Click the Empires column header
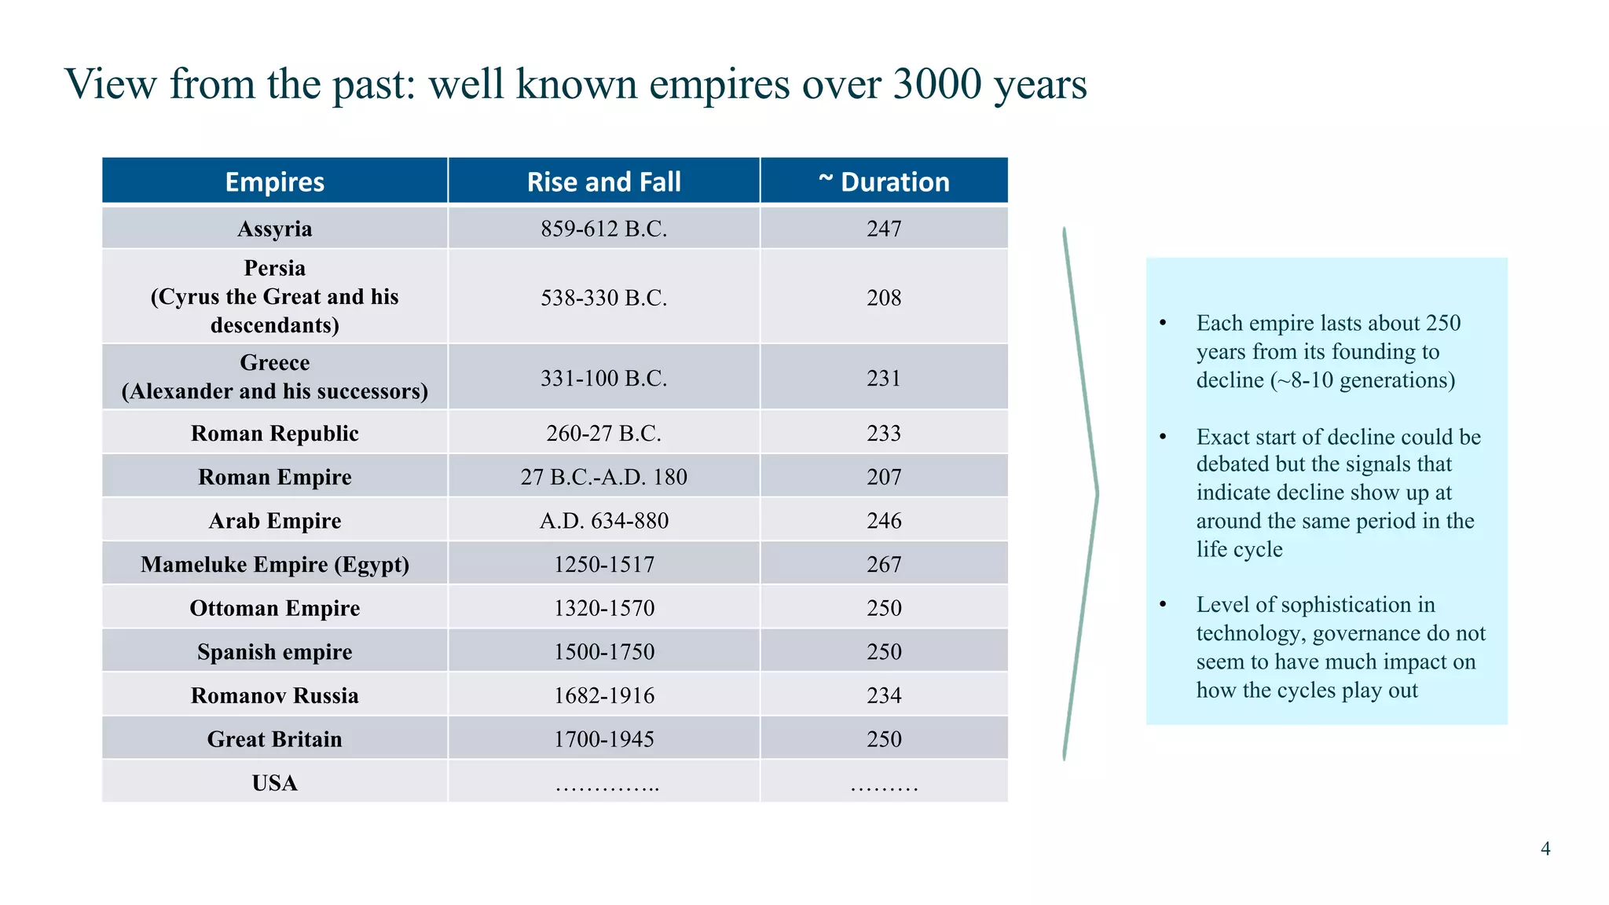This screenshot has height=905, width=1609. tap(274, 181)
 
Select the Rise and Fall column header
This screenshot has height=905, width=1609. tap(603, 181)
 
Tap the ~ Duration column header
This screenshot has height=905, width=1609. tap(884, 181)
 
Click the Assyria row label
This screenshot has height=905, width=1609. tap(274, 229)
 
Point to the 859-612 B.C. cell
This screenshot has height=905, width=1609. tap(603, 229)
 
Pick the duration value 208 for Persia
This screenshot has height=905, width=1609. tap(884, 298)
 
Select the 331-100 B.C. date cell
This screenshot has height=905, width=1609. tap(603, 378)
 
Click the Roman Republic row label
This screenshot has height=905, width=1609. tap(274, 433)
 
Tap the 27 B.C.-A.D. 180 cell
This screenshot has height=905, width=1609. tap(603, 477)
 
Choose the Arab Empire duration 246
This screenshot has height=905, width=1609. tap(884, 520)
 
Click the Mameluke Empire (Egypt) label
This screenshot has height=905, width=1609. tap(274, 564)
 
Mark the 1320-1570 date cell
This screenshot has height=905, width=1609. tap(603, 608)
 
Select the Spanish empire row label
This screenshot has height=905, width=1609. tap(274, 652)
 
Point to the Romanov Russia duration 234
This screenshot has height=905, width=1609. tap(884, 695)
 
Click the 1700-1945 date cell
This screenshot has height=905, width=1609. tap(603, 739)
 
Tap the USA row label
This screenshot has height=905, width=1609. tap(274, 783)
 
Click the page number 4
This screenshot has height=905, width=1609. tap(1545, 848)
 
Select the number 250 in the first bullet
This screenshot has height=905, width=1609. tap(1443, 323)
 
